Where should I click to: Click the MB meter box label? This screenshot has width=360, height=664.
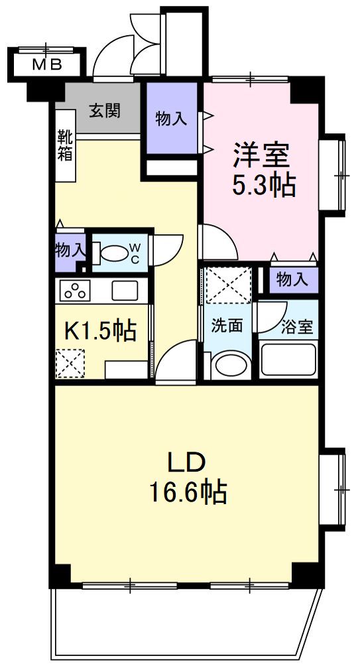point(47,65)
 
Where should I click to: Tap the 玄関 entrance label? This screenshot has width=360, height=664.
point(105,111)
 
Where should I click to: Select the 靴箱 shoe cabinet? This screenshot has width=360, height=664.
point(65,145)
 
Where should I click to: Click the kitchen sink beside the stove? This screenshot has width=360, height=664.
point(125,291)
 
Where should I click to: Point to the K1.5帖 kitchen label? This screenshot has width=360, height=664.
point(99,332)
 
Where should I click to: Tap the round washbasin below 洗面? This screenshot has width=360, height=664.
point(229,365)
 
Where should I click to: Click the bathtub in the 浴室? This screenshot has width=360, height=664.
point(289,361)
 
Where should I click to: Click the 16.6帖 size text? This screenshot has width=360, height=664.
point(188,492)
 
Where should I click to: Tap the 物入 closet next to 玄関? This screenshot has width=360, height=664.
point(171,119)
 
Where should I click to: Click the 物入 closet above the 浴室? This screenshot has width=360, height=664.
point(292,279)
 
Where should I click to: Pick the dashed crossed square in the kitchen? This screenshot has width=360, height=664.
point(70,364)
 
